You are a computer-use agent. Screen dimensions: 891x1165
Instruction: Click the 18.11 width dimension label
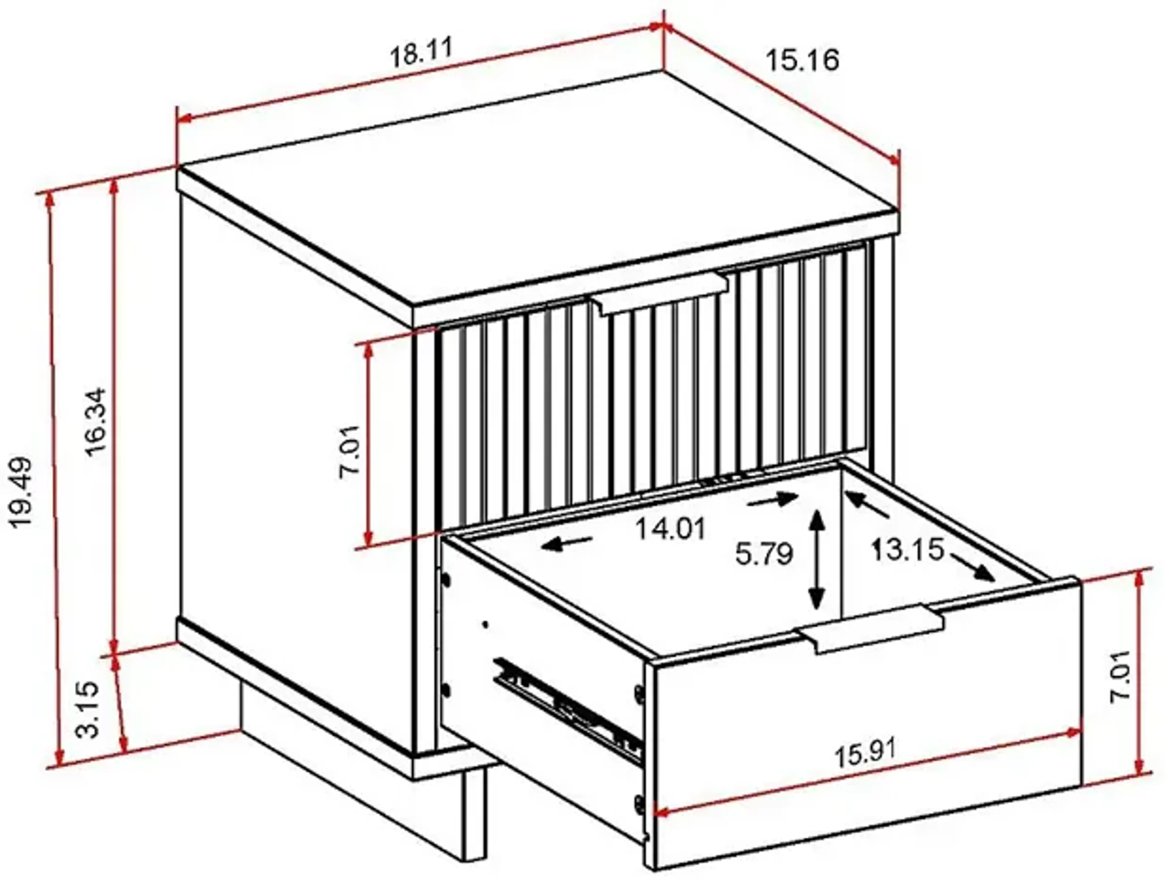[422, 53]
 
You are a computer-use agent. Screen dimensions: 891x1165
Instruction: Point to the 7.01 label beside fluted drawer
[350, 451]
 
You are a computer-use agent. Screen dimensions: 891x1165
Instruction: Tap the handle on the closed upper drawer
[660, 294]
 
